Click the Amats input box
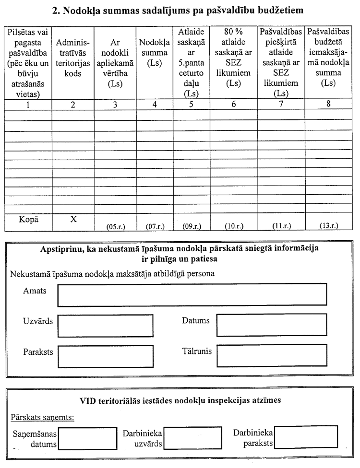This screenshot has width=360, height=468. click(192, 294)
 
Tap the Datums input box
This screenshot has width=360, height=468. click(272, 325)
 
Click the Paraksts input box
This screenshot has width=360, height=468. click(105, 356)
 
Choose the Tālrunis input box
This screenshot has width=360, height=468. click(272, 355)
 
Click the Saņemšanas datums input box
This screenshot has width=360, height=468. click(88, 438)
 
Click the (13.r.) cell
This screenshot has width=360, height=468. click(329, 225)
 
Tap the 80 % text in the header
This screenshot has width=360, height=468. click(234, 32)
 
